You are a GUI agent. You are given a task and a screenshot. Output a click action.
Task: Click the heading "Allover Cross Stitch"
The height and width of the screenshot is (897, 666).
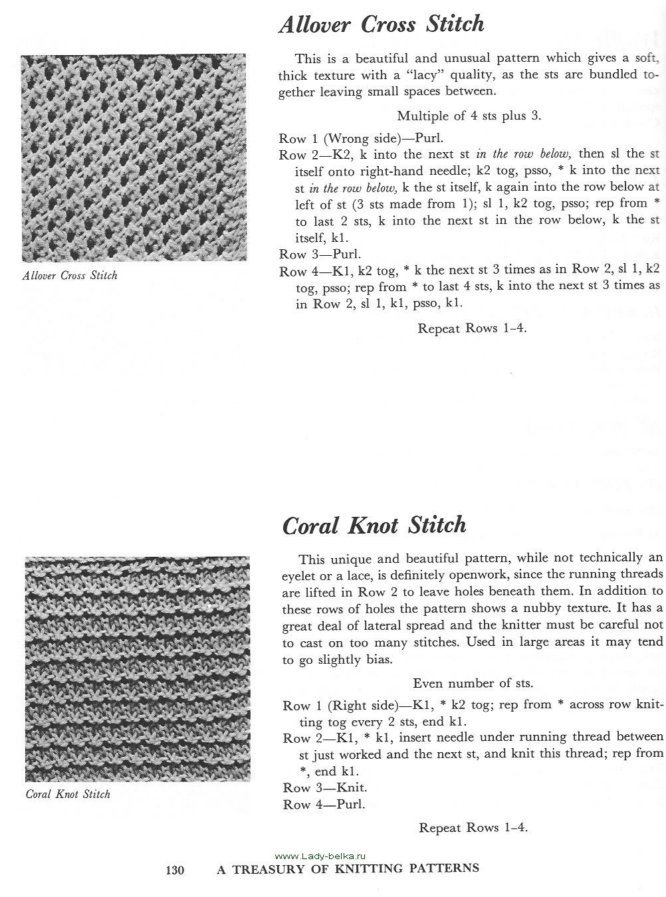tap(381, 25)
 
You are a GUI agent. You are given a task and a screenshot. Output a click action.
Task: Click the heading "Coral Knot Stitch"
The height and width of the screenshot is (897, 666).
tap(374, 525)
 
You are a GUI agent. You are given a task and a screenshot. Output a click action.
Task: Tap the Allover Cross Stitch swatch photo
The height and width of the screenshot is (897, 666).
tap(134, 157)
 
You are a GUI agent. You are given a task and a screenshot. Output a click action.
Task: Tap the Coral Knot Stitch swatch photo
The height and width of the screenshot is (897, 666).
tap(138, 668)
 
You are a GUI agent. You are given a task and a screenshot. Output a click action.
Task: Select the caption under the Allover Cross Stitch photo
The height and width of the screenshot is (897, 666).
tap(70, 275)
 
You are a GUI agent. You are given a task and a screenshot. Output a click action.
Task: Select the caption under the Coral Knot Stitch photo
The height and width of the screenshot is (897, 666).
tap(68, 794)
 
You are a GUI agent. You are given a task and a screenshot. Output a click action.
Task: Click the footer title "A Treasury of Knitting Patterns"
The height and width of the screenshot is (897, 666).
tap(348, 868)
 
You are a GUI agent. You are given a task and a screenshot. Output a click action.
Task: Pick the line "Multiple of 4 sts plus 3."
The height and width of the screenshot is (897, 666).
tap(469, 116)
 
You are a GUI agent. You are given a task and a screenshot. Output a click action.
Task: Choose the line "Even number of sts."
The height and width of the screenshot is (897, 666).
tap(473, 683)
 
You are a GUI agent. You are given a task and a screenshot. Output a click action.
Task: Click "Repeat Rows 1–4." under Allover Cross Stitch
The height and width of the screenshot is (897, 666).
tap(472, 328)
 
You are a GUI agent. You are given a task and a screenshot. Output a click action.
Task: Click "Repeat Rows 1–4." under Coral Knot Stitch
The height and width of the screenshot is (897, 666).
tap(473, 827)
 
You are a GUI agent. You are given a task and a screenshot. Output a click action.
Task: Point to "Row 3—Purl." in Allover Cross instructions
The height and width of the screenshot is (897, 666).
tap(320, 254)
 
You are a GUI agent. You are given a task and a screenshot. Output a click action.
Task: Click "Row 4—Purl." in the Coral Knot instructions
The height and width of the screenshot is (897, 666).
tap(324, 805)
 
